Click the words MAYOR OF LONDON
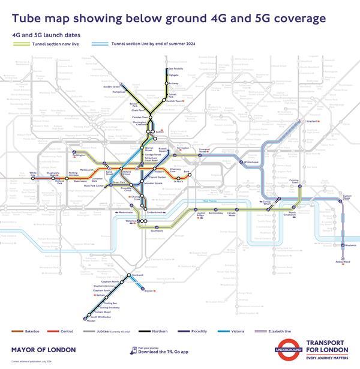[44, 349]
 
